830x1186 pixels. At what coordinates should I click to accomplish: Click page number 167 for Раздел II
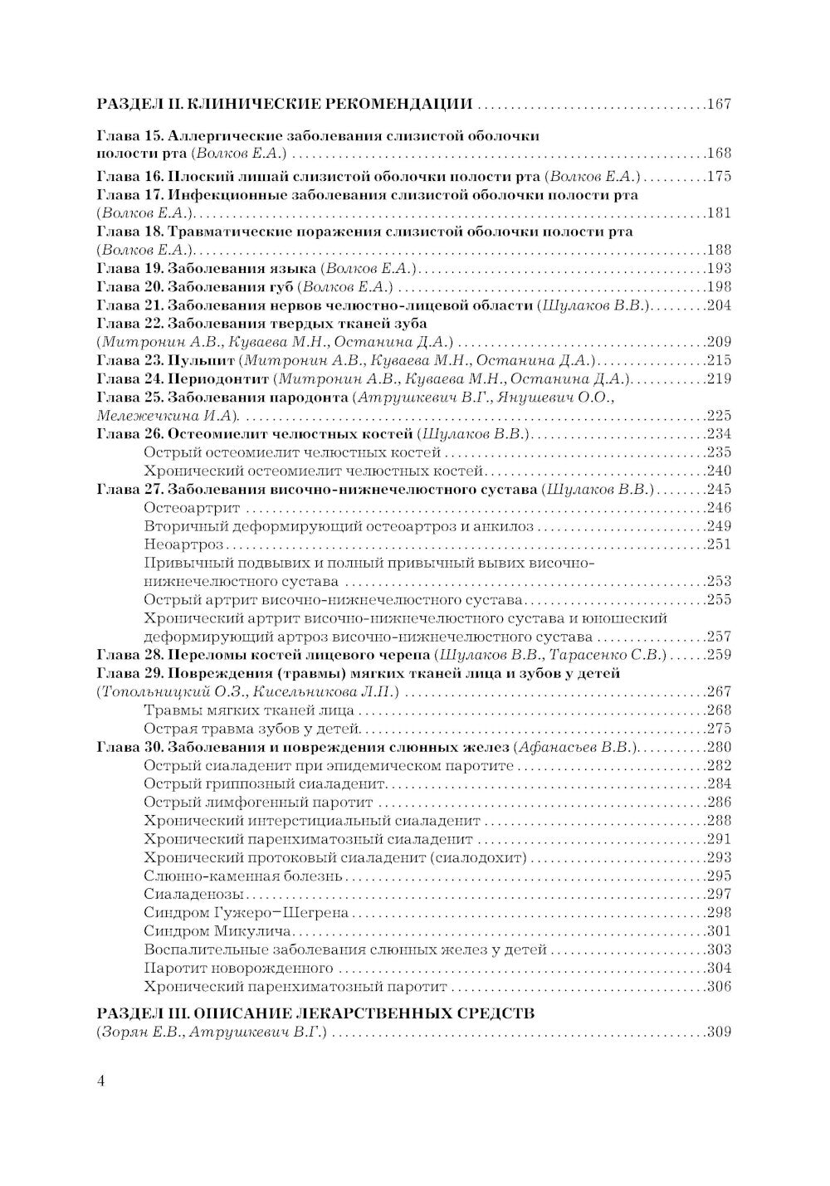point(718,105)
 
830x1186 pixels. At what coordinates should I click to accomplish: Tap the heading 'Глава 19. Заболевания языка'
point(206,268)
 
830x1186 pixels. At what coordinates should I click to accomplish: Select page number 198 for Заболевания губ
point(718,287)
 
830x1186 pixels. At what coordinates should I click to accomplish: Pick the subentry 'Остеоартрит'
point(192,507)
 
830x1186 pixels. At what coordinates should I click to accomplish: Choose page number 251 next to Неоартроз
point(718,544)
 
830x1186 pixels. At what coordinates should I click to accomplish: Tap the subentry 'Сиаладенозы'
point(193,894)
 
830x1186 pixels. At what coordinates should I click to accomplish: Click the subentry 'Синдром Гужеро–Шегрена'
point(247,912)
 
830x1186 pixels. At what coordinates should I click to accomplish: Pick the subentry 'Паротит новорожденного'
point(238,968)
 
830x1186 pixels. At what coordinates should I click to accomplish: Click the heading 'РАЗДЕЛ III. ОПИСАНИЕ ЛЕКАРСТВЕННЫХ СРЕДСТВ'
point(315,1013)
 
